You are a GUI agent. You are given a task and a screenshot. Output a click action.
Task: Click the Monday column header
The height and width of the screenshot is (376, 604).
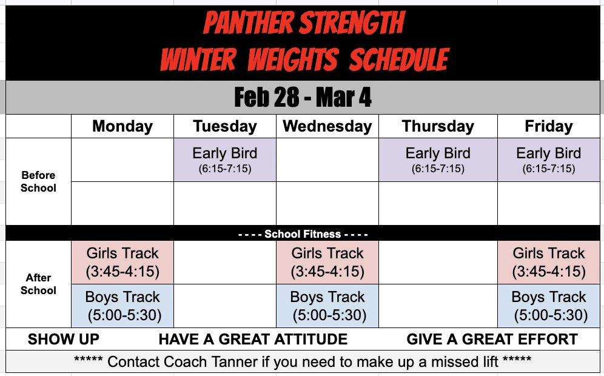point(122,126)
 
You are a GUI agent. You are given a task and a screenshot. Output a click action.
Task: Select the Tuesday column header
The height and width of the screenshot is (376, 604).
point(225,126)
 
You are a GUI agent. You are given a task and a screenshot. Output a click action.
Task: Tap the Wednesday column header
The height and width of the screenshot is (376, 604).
point(327,126)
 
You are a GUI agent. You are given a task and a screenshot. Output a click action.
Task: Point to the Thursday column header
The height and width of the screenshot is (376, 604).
point(438,126)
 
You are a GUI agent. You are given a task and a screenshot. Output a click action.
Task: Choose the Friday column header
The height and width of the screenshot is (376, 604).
point(548,126)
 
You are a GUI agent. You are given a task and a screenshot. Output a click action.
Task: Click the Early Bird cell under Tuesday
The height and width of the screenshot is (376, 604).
point(225,159)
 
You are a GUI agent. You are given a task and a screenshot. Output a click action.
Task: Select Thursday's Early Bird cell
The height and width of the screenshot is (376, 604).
point(438,159)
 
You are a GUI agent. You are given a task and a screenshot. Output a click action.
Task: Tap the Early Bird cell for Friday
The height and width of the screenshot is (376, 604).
point(548,159)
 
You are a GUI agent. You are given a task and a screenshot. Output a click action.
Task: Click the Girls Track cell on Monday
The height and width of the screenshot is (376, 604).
point(122,262)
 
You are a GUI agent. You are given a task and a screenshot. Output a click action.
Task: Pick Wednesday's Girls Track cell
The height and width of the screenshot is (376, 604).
point(327,262)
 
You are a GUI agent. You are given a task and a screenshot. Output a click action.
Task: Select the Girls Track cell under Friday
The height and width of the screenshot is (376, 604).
point(548,262)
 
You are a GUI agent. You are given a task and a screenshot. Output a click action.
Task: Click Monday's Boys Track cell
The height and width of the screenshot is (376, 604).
point(122,306)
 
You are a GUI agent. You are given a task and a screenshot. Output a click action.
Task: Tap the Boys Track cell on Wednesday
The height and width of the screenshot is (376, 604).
point(327,306)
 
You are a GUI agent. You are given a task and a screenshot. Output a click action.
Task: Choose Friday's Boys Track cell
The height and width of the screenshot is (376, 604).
point(548,306)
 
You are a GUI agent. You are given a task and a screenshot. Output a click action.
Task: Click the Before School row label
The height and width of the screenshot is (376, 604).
point(38,181)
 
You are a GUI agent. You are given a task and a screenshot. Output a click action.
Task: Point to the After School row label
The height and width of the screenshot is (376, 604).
point(38,284)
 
